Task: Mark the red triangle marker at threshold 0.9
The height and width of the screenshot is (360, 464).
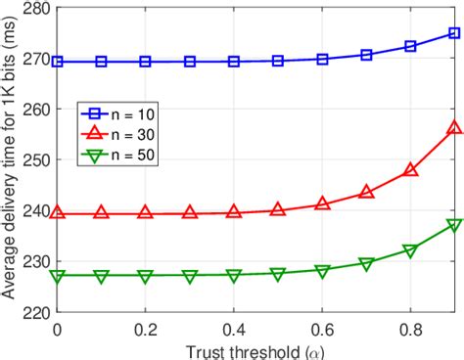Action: [454, 128]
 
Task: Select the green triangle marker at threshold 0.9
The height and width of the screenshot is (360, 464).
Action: [454, 225]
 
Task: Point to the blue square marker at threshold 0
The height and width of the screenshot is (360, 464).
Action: [57, 62]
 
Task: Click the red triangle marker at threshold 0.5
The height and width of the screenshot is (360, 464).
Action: [278, 209]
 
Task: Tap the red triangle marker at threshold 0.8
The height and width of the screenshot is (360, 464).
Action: [410, 170]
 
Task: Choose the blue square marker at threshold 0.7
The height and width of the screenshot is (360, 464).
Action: [366, 55]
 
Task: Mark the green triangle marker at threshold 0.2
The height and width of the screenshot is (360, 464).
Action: [145, 276]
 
